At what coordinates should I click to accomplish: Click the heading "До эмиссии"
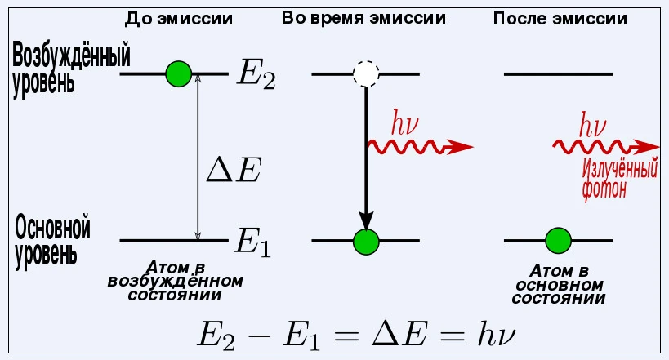tap(180, 18)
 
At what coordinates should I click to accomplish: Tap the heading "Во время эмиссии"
tap(363, 17)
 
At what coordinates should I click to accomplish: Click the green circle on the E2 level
tap(177, 73)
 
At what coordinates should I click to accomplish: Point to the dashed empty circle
tap(366, 74)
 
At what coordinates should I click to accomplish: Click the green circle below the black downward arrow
tap(366, 241)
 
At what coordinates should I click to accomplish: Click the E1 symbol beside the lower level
tap(252, 242)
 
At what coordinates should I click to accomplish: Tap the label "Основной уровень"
tap(52, 240)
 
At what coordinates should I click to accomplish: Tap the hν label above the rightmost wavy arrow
tap(592, 127)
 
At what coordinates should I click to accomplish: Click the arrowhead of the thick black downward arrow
tap(366, 220)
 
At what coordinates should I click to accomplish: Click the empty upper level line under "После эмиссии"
tap(558, 74)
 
